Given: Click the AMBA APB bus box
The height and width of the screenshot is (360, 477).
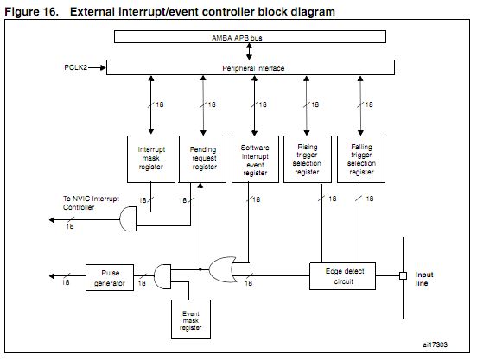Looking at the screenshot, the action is tap(250, 37).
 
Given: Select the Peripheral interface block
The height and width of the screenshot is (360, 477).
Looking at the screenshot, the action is tap(251, 67).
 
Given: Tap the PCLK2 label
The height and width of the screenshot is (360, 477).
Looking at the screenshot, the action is tap(76, 67).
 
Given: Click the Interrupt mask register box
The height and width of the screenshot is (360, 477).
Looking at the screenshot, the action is tap(151, 159).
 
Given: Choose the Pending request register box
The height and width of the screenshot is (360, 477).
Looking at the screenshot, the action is tap(202, 159).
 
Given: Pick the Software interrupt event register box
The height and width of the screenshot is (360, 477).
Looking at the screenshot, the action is tap(255, 159).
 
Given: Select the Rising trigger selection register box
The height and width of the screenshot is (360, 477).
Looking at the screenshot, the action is tap(308, 159).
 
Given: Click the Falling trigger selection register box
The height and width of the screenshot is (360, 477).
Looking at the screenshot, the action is tap(361, 159).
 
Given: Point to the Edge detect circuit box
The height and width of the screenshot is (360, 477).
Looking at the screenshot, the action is tap(342, 276).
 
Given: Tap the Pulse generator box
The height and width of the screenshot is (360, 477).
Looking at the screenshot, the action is tap(110, 278).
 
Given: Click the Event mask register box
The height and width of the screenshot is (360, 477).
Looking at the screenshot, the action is tap(191, 319).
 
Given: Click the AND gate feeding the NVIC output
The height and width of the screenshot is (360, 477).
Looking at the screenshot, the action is tap(128, 219).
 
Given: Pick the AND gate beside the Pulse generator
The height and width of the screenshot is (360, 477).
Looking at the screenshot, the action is tap(162, 276).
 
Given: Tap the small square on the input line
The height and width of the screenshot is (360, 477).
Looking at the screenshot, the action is tap(403, 276).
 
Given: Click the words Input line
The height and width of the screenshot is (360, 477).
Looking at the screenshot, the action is tap(424, 279).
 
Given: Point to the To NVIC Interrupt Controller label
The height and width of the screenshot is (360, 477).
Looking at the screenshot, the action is tap(91, 203).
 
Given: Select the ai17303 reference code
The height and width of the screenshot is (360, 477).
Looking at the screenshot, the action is tap(435, 344).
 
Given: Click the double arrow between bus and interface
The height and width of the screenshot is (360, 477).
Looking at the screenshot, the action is tap(249, 51).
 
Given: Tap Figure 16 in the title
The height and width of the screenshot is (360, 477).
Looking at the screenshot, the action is tap(31, 12).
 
